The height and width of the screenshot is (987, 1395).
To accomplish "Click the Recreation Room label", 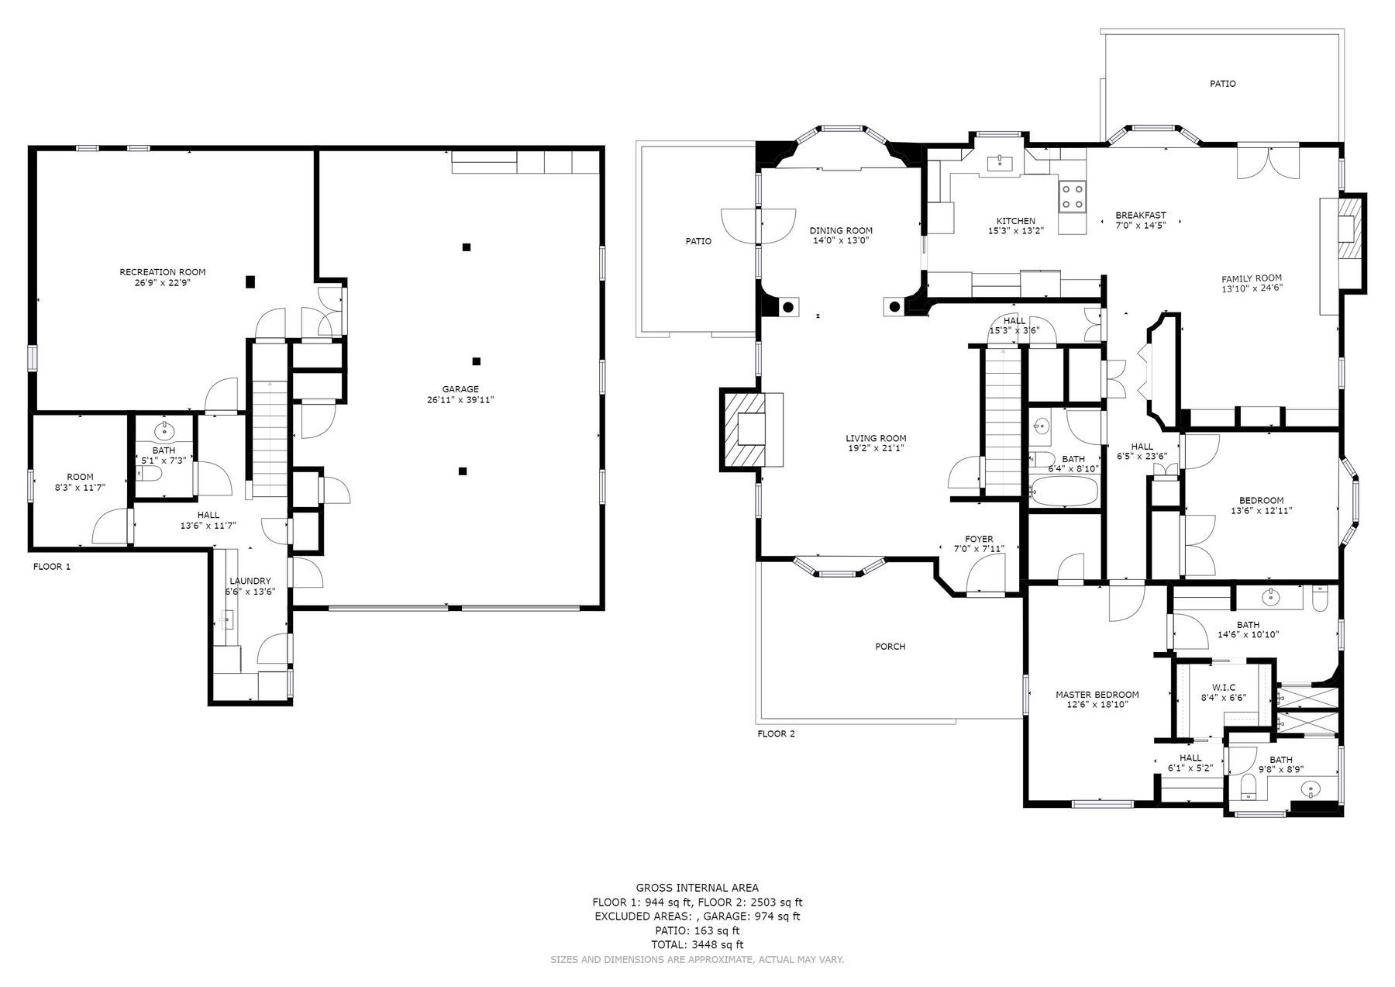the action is (163, 272).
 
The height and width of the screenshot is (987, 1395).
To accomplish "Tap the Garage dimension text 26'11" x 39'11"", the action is (460, 400).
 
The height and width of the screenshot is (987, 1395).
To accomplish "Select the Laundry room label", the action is (250, 581).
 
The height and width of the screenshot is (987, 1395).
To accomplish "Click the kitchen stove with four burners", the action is (1073, 195).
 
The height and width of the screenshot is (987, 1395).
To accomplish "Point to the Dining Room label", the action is (841, 230).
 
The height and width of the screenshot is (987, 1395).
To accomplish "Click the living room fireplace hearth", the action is (752, 429).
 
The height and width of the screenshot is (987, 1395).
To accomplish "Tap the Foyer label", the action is (979, 539).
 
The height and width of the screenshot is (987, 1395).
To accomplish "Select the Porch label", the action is (890, 647).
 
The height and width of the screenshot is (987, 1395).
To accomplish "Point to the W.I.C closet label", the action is (1224, 687).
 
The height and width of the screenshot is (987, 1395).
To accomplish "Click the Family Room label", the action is (1252, 278).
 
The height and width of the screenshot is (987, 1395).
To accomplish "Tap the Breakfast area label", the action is (1140, 216).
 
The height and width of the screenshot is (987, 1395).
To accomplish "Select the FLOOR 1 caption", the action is (52, 567).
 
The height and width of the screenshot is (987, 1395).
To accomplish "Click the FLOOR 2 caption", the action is (776, 733).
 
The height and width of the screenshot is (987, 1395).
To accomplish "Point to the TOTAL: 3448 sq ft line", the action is (697, 944).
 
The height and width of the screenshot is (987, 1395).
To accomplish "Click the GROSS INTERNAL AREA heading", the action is (697, 888).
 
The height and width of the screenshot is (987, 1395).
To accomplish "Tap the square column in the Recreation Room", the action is (250, 281).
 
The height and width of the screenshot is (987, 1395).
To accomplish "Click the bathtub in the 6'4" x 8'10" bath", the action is (1064, 491).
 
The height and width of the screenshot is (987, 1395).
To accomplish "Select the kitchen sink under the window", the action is (1001, 163).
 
